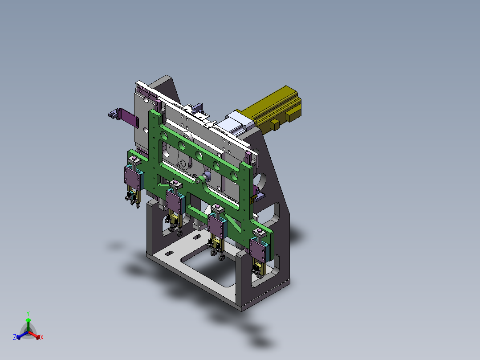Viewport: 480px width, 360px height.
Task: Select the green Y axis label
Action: [28, 313]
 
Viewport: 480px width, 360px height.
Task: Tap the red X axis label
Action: [42, 338]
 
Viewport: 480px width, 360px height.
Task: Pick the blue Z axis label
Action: [15, 338]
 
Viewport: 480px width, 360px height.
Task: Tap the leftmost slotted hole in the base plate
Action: [169, 254]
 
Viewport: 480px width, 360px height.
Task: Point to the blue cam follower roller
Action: [207, 175]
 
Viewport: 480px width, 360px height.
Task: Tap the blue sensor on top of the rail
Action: [196, 108]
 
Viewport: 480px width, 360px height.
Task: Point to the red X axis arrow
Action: [37, 335]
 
